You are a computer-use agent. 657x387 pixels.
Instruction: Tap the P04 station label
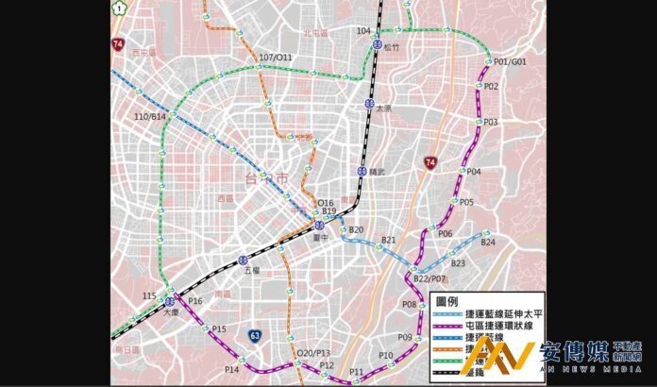click(x=473, y=172)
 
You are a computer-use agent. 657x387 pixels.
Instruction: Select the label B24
click(x=487, y=243)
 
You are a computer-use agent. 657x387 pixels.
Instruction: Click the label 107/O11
click(x=275, y=58)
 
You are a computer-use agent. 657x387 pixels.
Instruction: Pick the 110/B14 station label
click(x=150, y=117)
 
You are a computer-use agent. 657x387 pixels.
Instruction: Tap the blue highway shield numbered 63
click(x=256, y=335)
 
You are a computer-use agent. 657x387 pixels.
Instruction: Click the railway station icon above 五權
click(x=244, y=259)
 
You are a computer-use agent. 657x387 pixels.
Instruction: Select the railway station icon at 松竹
click(x=377, y=43)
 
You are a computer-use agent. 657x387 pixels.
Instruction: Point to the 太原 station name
click(x=383, y=109)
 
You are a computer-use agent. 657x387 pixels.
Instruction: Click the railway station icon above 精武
click(x=362, y=171)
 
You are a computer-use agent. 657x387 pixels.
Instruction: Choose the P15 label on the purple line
click(x=219, y=328)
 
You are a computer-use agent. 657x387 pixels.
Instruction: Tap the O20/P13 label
click(x=313, y=353)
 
